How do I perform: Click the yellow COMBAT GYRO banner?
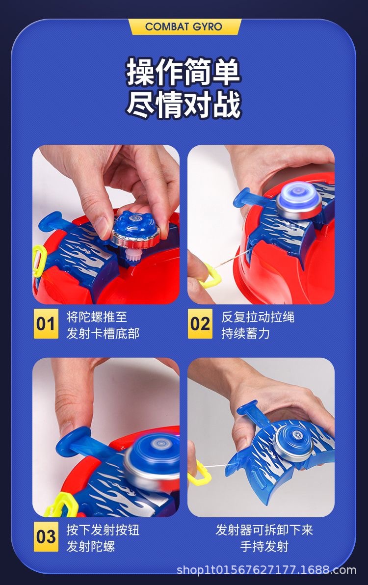point(184,27)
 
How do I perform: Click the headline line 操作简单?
point(183,72)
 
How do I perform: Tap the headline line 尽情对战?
point(183,105)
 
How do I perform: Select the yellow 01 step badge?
point(46,323)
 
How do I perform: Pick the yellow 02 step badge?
point(200,323)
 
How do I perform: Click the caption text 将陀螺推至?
point(97,317)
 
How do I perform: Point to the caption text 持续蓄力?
point(245,333)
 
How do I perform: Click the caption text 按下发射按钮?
point(103,530)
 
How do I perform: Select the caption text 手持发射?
point(264,546)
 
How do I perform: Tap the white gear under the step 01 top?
point(122,256)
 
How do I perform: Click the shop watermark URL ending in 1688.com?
point(266,570)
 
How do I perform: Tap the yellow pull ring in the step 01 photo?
point(39,261)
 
